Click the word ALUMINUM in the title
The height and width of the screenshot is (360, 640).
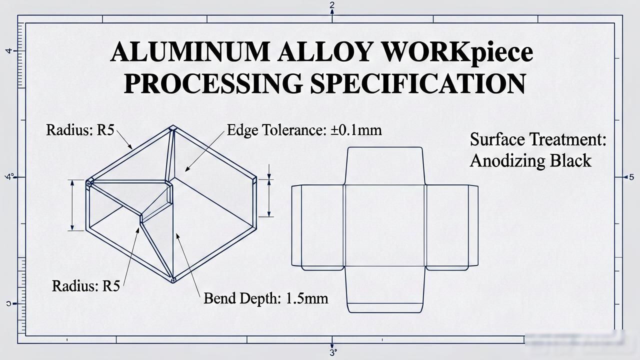190,51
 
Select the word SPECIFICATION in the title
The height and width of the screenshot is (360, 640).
418,83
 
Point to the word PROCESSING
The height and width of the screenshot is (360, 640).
213,83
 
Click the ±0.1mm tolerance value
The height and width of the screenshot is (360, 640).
356,130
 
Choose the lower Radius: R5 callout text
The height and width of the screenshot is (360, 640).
86,285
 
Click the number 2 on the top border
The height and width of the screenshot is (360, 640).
331,5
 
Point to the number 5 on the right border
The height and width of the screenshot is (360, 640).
631,177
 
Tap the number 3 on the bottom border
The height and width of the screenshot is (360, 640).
332,352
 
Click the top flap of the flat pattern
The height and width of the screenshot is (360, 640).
385,166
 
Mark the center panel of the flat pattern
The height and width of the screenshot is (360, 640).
385,225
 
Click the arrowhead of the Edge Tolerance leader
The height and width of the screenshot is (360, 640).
187,169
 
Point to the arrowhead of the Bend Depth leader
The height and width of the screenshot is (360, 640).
177,236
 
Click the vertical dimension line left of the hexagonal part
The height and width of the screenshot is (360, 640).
72,205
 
